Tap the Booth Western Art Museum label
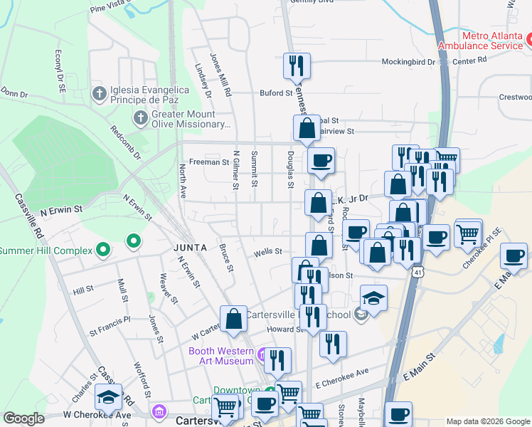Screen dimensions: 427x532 (x=220, y=356)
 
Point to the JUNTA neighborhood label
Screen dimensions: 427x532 (x=190, y=248)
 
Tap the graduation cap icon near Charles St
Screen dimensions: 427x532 (x=108, y=396)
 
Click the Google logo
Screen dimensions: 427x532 (x=23, y=418)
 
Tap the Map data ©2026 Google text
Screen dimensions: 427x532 (x=488, y=421)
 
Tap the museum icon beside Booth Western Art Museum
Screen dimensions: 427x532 (x=264, y=354)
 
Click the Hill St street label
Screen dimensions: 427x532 (x=83, y=290)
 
